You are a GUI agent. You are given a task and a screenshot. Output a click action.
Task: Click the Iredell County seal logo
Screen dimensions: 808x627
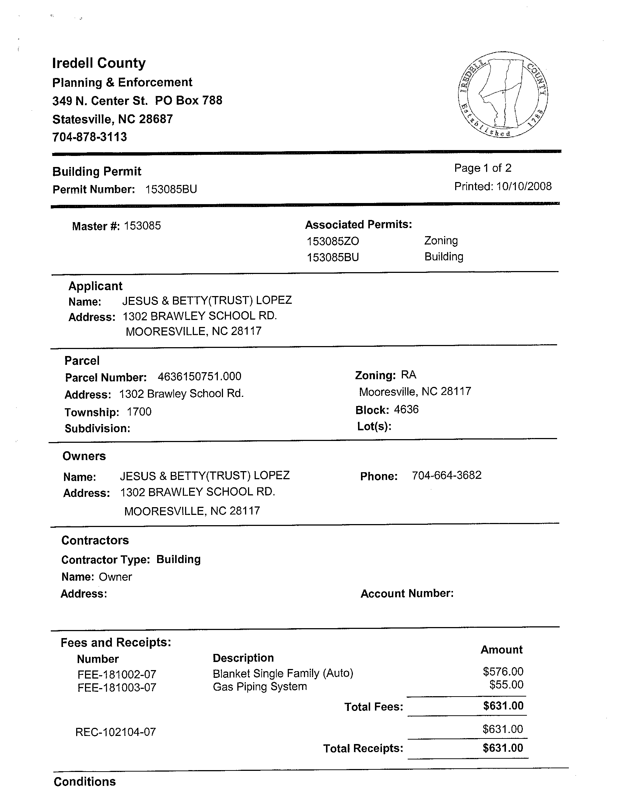click(x=503, y=95)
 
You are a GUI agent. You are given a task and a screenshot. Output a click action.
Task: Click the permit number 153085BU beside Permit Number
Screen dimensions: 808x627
click(x=171, y=189)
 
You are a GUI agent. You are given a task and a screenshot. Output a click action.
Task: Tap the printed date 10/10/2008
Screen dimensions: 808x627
click(x=524, y=186)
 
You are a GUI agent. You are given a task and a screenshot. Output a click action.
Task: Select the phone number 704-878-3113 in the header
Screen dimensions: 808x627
click(x=89, y=137)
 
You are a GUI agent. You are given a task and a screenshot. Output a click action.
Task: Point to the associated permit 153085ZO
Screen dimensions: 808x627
click(x=333, y=241)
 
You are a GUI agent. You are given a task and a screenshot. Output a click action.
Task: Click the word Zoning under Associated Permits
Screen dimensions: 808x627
click(x=441, y=241)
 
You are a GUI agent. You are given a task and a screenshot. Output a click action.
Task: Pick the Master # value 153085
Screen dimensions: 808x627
click(x=142, y=226)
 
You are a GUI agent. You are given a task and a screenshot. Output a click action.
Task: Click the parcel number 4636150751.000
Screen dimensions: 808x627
click(x=199, y=377)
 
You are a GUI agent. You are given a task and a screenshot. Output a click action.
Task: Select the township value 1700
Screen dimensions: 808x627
click(x=139, y=412)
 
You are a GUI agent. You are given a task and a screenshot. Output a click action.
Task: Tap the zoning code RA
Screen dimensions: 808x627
click(x=409, y=375)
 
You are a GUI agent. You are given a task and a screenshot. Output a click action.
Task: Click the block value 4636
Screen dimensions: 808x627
click(x=406, y=410)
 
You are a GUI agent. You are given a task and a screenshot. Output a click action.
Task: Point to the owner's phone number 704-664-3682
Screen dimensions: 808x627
click(x=447, y=475)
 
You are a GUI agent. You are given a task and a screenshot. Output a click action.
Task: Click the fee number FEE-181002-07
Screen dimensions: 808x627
click(x=117, y=674)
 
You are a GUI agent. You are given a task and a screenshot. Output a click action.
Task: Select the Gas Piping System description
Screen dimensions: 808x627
click(x=259, y=687)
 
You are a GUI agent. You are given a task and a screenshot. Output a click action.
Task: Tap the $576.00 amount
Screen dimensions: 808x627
click(x=503, y=672)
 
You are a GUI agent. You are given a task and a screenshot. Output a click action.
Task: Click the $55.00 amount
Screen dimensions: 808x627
click(x=506, y=684)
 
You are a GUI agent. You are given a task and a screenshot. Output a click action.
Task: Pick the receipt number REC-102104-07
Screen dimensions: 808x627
click(x=116, y=732)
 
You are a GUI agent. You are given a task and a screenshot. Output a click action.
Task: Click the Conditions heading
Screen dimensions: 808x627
click(x=84, y=782)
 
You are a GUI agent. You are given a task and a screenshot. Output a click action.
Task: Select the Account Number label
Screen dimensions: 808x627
click(x=407, y=594)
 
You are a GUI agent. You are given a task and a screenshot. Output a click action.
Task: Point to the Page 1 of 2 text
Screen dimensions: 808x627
click(x=483, y=168)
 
